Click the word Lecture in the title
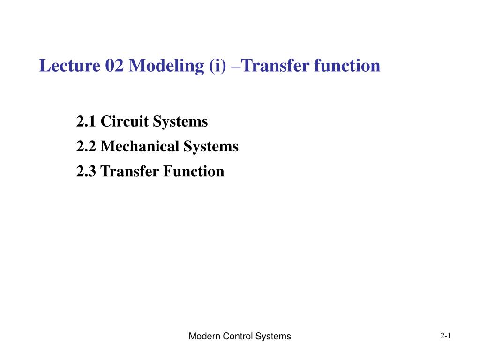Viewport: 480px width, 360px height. point(69,66)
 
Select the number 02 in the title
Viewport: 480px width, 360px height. point(114,66)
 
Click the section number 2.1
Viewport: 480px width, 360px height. point(86,121)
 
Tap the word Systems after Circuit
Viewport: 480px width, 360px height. point(180,122)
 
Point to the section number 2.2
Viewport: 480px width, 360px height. point(86,146)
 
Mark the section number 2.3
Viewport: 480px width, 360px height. point(86,172)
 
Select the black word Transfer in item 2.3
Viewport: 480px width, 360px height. point(129,171)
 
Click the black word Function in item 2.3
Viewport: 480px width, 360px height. point(194,171)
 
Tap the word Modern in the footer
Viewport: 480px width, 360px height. point(204,336)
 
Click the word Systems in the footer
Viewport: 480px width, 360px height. point(273,337)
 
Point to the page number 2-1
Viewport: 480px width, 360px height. point(445,336)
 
